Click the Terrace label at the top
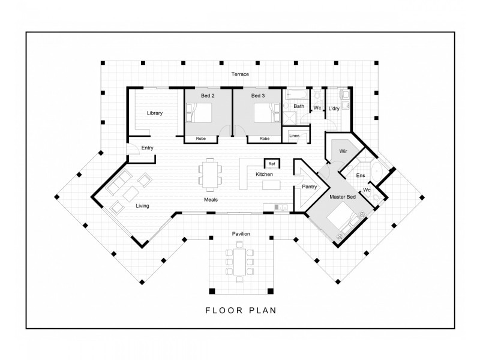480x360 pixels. tap(240, 74)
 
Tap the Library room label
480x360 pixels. tap(154, 113)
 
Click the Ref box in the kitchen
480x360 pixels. tap(271, 163)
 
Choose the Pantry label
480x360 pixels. tap(310, 187)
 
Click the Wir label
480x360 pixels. tap(344, 151)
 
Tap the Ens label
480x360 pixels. tap(360, 175)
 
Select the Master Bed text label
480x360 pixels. tap(343, 197)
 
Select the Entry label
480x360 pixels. tap(147, 148)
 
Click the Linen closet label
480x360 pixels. tap(294, 136)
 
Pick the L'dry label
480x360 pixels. tap(334, 108)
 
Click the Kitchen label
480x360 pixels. tap(265, 174)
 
